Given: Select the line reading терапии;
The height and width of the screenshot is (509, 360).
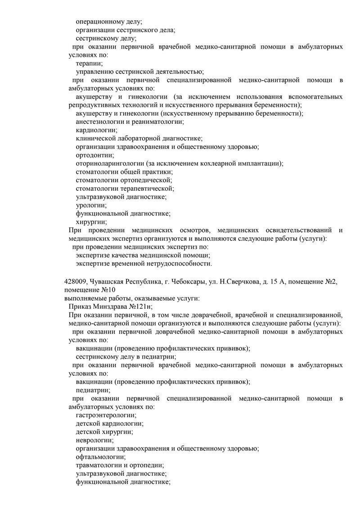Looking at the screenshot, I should click(89, 63).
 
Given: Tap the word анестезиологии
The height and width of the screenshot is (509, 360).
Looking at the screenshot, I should click(99, 122).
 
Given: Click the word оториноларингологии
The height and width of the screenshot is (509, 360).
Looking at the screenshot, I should click(110, 163).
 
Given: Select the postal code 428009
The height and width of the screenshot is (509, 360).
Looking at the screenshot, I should click(75, 282).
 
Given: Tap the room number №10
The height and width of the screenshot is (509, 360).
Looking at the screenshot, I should click(106, 290).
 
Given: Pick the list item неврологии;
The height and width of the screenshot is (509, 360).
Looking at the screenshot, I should click(94, 440).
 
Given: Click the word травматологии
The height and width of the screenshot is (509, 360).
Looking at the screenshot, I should click(99, 465).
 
